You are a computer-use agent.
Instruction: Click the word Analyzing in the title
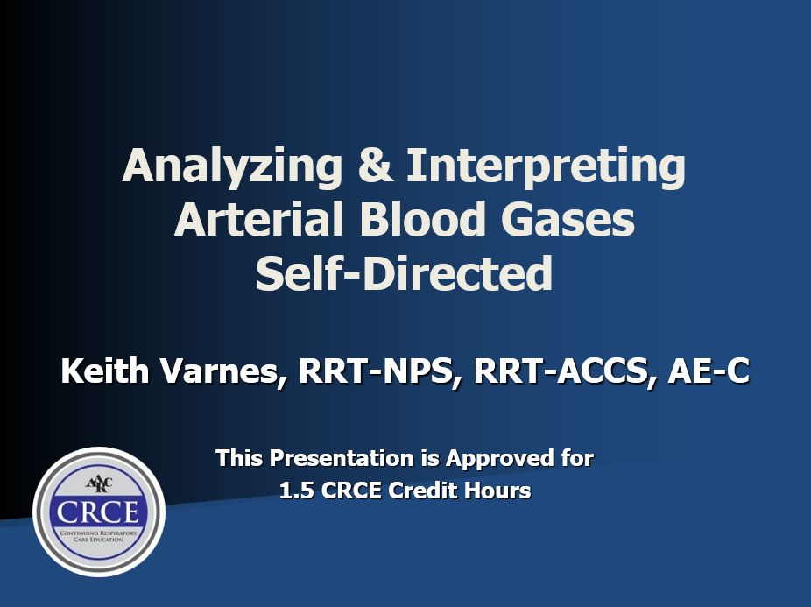[x=232, y=166]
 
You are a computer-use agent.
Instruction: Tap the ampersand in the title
[x=375, y=165]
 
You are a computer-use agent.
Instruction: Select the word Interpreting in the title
[x=547, y=166]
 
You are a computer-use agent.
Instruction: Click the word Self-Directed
[x=404, y=272]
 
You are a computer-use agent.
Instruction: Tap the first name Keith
[x=105, y=371]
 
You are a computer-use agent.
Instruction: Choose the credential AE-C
[x=708, y=371]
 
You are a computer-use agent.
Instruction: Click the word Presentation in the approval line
[x=342, y=458]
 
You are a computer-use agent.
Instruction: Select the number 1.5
[x=297, y=490]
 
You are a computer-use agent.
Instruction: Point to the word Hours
[x=497, y=490]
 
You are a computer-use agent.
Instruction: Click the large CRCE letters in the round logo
[x=98, y=512]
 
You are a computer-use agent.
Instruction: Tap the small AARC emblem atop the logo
[x=99, y=484]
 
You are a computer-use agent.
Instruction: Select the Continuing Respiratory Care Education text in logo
[x=99, y=536]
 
